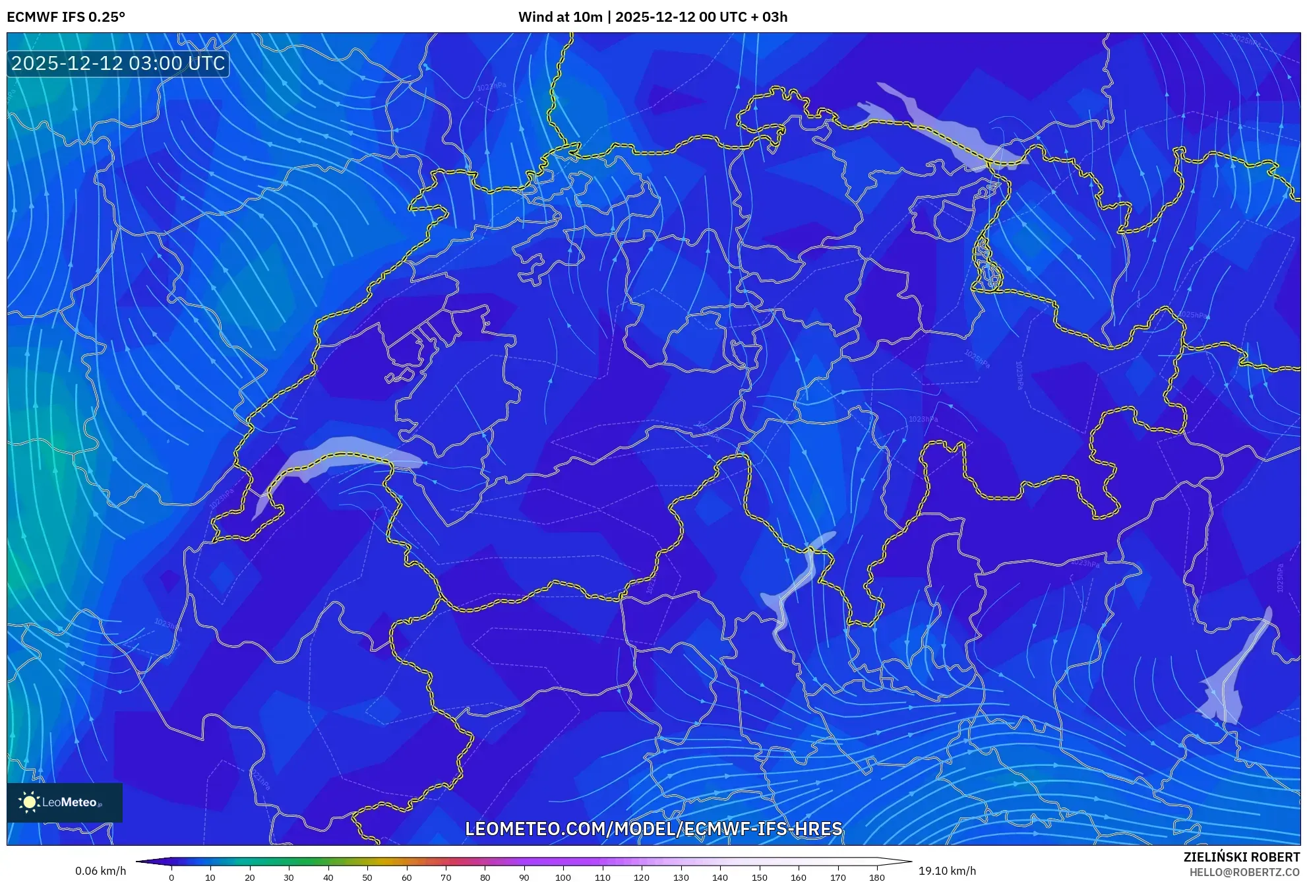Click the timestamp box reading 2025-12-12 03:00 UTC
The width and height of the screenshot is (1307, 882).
coord(118,63)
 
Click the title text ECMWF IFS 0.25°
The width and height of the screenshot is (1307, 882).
coord(66,17)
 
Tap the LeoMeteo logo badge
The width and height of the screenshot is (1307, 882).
coord(65,802)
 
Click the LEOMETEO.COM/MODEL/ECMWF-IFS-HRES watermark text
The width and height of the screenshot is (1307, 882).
coord(653,829)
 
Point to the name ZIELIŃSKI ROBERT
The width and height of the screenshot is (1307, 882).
coord(1241,857)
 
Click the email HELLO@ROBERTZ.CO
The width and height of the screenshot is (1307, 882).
coord(1244,872)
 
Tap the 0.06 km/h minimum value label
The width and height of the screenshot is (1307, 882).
coord(100,871)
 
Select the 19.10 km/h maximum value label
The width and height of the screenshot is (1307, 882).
coord(947,871)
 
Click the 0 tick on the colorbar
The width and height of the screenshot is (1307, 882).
coord(171,877)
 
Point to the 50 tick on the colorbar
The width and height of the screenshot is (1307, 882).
coord(367,877)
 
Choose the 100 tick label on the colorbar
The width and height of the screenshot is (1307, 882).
coord(563,877)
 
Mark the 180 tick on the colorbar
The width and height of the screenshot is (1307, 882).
coord(876,877)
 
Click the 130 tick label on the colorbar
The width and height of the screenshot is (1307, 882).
coord(681,877)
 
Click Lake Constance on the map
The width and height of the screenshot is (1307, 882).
coord(936,129)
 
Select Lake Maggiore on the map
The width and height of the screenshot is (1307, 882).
coord(795,587)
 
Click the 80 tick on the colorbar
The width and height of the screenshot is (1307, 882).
coord(485,877)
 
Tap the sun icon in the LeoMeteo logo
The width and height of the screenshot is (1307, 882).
coord(29,802)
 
